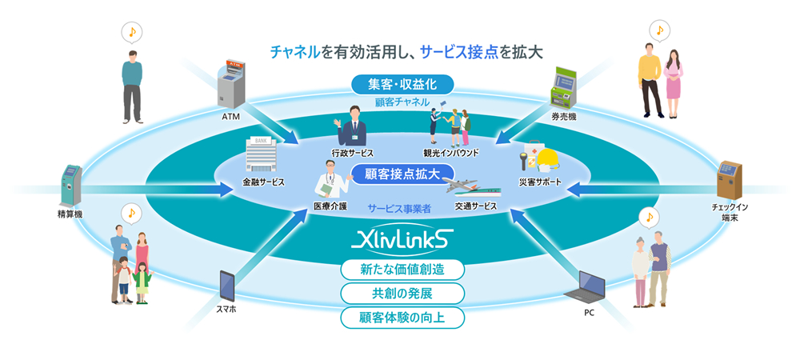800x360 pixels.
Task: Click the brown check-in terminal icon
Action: pos(729,180)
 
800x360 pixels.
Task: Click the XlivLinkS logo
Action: pos(399,240)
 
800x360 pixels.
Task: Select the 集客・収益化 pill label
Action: pos(402,84)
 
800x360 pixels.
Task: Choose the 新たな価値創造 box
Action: pos(402,270)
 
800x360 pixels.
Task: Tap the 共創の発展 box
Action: pos(402,294)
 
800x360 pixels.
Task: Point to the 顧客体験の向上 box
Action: pos(402,317)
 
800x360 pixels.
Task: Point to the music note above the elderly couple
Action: pos(648,217)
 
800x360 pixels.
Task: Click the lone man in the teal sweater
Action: pos(132,86)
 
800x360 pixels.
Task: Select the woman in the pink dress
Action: pos(673,84)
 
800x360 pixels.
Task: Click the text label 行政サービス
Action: pos(353,153)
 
